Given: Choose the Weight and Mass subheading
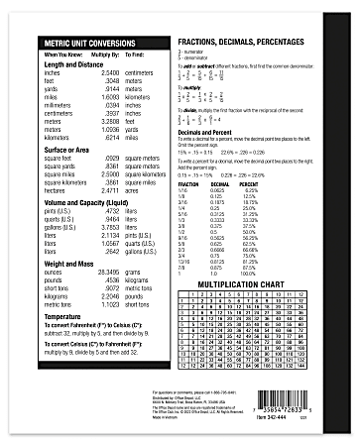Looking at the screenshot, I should (67, 264).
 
